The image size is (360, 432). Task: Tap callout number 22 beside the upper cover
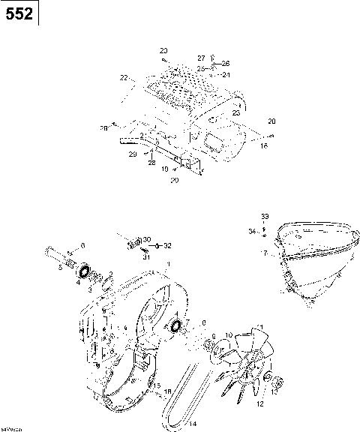point(124,76)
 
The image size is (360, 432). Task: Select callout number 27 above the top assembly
point(201,58)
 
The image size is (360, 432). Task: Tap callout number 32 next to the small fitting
point(167,245)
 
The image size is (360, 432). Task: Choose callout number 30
point(148,238)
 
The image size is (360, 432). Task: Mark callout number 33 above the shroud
point(265,216)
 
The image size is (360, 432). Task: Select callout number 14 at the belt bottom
point(193,424)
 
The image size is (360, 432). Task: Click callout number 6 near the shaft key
point(82,245)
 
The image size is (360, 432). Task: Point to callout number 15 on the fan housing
point(157,385)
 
